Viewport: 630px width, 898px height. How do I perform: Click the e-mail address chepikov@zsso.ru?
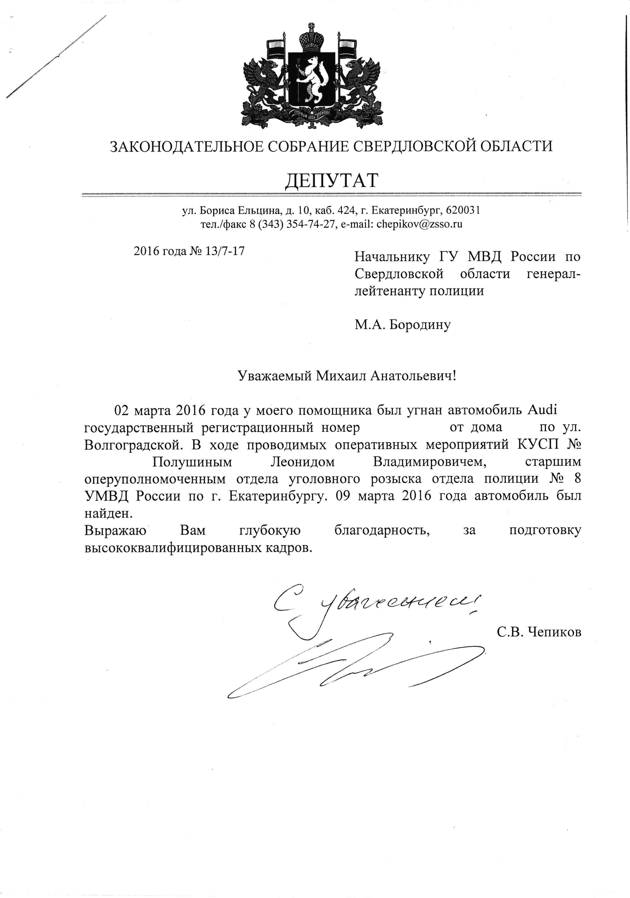420,224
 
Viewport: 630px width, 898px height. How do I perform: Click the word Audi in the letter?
542,410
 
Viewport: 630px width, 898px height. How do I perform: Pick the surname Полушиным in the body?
192,462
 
